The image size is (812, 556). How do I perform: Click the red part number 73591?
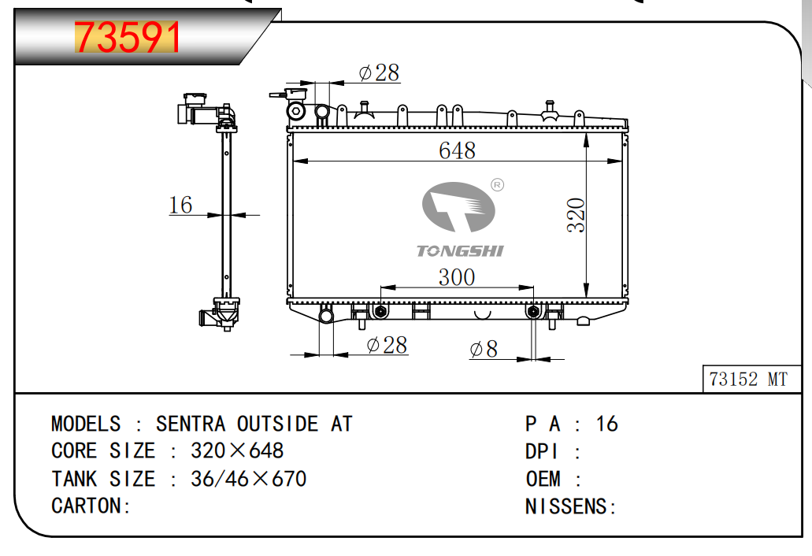click(x=128, y=37)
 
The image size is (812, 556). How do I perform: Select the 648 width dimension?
click(x=457, y=150)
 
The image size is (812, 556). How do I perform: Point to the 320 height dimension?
click(x=576, y=215)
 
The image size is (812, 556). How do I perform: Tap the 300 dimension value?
click(x=457, y=277)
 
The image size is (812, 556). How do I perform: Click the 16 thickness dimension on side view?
click(x=180, y=205)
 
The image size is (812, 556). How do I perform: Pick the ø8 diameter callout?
click(x=484, y=349)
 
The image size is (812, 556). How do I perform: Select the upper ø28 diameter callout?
click(x=379, y=73)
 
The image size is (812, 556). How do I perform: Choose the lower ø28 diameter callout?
click(x=387, y=345)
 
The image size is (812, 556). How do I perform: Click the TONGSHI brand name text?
click(x=460, y=251)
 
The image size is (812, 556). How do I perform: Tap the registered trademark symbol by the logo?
click(x=497, y=185)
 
